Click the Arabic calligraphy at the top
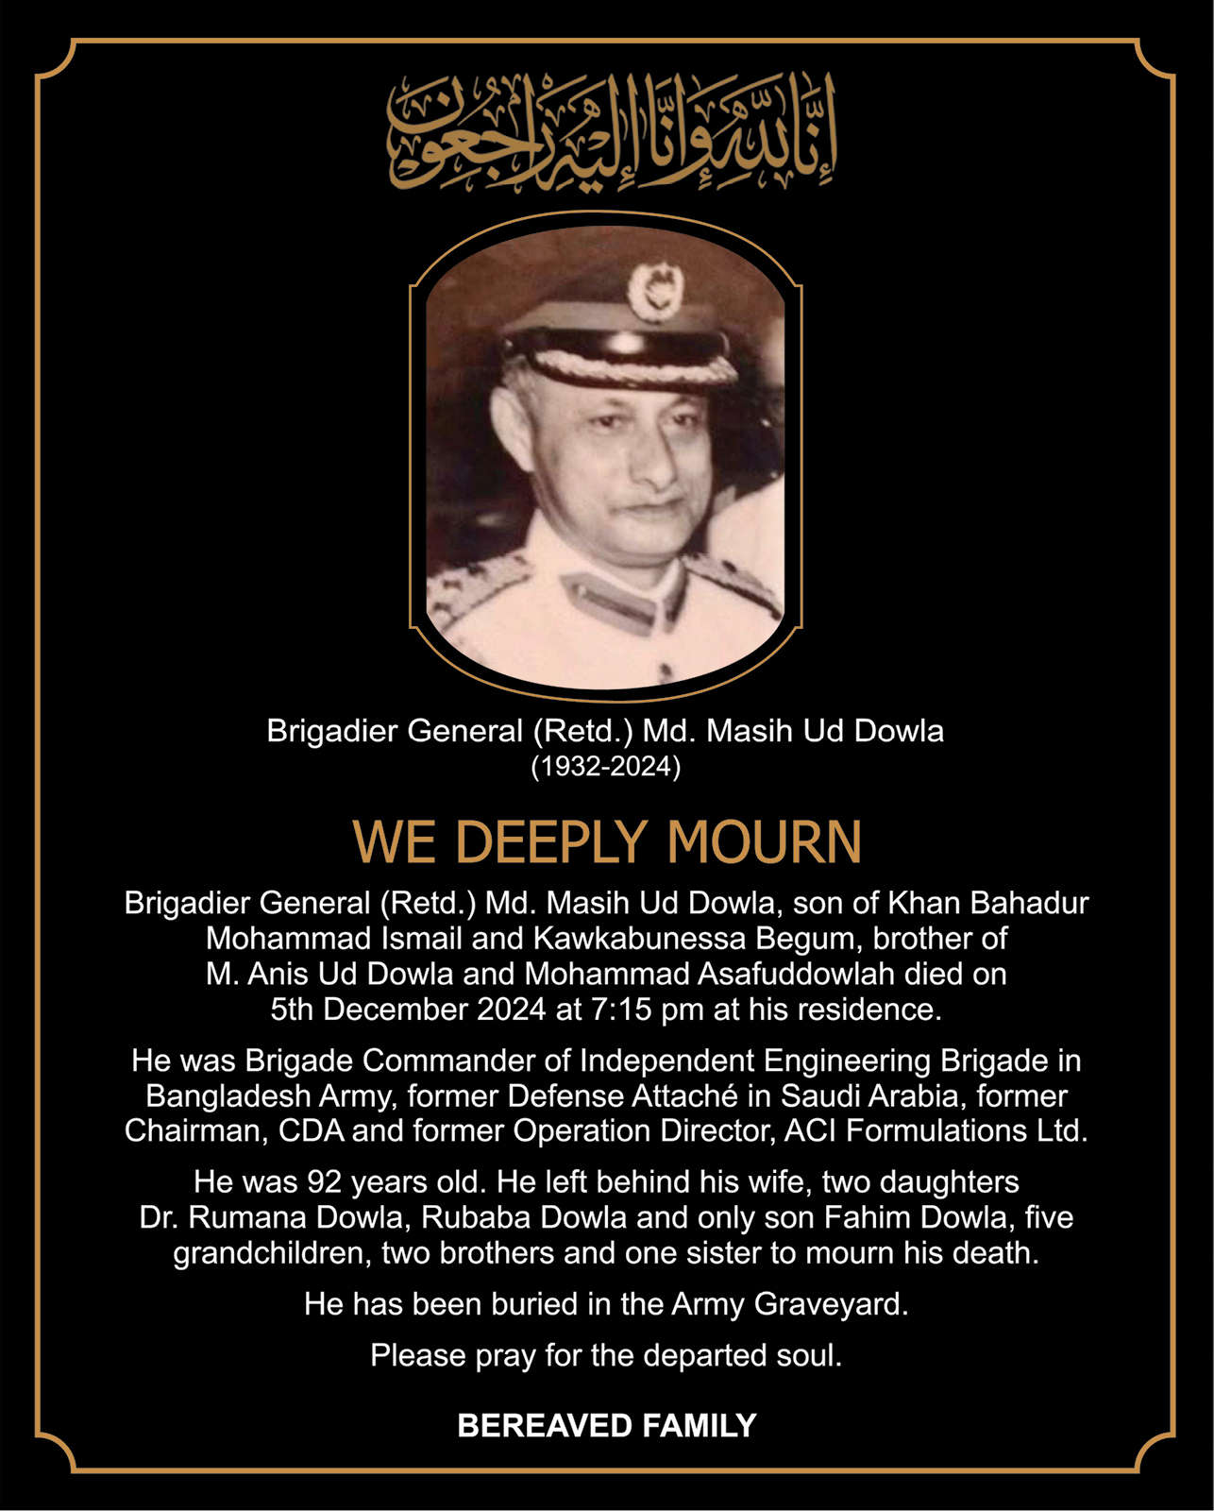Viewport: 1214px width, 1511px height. pos(612,132)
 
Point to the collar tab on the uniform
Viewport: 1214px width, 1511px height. pos(610,601)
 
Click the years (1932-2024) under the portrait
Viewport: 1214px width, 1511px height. pos(605,766)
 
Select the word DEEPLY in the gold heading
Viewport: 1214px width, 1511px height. pos(555,841)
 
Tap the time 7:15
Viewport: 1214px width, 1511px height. pos(621,1010)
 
